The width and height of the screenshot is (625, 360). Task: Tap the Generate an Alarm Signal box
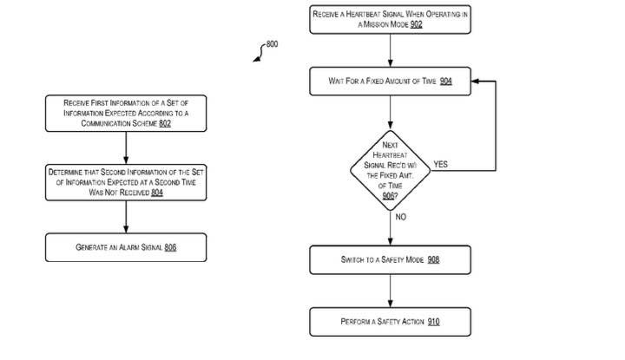(x=126, y=247)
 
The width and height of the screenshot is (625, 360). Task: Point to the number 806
(x=170, y=247)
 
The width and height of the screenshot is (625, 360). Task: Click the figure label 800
(x=272, y=43)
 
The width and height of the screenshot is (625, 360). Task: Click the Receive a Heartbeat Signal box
(x=391, y=19)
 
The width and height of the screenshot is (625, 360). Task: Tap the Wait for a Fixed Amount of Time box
(x=391, y=82)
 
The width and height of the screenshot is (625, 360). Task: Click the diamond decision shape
(x=391, y=170)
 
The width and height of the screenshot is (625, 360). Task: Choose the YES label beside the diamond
(x=440, y=164)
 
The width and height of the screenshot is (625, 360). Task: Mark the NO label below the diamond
(x=401, y=217)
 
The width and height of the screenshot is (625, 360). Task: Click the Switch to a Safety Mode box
(x=391, y=259)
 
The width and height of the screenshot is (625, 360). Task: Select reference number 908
(x=433, y=259)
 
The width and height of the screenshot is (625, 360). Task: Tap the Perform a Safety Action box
(x=391, y=322)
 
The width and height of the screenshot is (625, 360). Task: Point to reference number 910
(x=433, y=322)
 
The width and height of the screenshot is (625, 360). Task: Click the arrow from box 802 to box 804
(x=126, y=147)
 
